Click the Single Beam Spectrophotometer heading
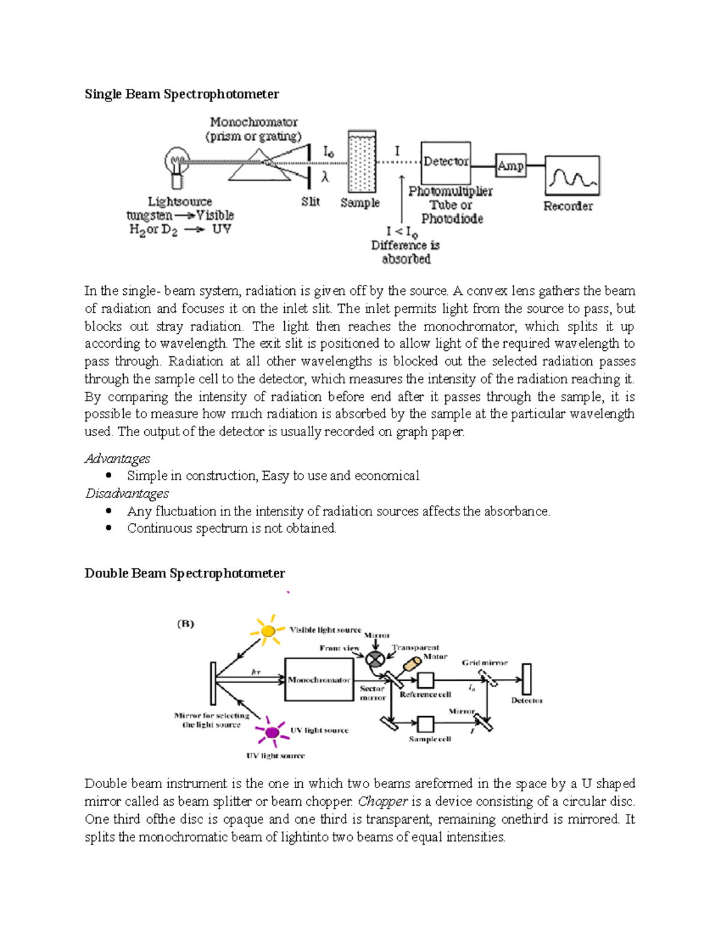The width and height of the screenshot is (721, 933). (x=181, y=94)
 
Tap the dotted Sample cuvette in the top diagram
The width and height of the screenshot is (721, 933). (x=362, y=162)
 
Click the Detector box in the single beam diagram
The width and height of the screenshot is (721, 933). (x=445, y=162)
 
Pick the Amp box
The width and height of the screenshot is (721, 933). (x=511, y=165)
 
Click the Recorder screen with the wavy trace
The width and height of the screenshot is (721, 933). (x=572, y=175)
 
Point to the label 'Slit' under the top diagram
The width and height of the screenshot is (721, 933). (x=311, y=202)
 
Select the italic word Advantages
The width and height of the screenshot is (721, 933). (x=117, y=458)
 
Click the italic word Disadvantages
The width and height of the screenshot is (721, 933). (x=127, y=493)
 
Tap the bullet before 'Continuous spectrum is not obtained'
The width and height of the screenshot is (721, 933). (x=109, y=528)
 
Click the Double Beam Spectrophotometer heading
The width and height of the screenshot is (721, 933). (x=184, y=573)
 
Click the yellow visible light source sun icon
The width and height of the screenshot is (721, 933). (x=268, y=631)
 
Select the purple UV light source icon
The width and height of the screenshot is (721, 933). (x=272, y=732)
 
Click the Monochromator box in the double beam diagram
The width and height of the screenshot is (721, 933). (x=318, y=679)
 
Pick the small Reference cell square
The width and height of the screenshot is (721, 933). (x=425, y=679)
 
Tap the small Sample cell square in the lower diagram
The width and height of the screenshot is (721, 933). (x=425, y=723)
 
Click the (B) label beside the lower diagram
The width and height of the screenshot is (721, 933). (x=186, y=624)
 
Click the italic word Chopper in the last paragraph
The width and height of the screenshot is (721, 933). (x=383, y=801)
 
